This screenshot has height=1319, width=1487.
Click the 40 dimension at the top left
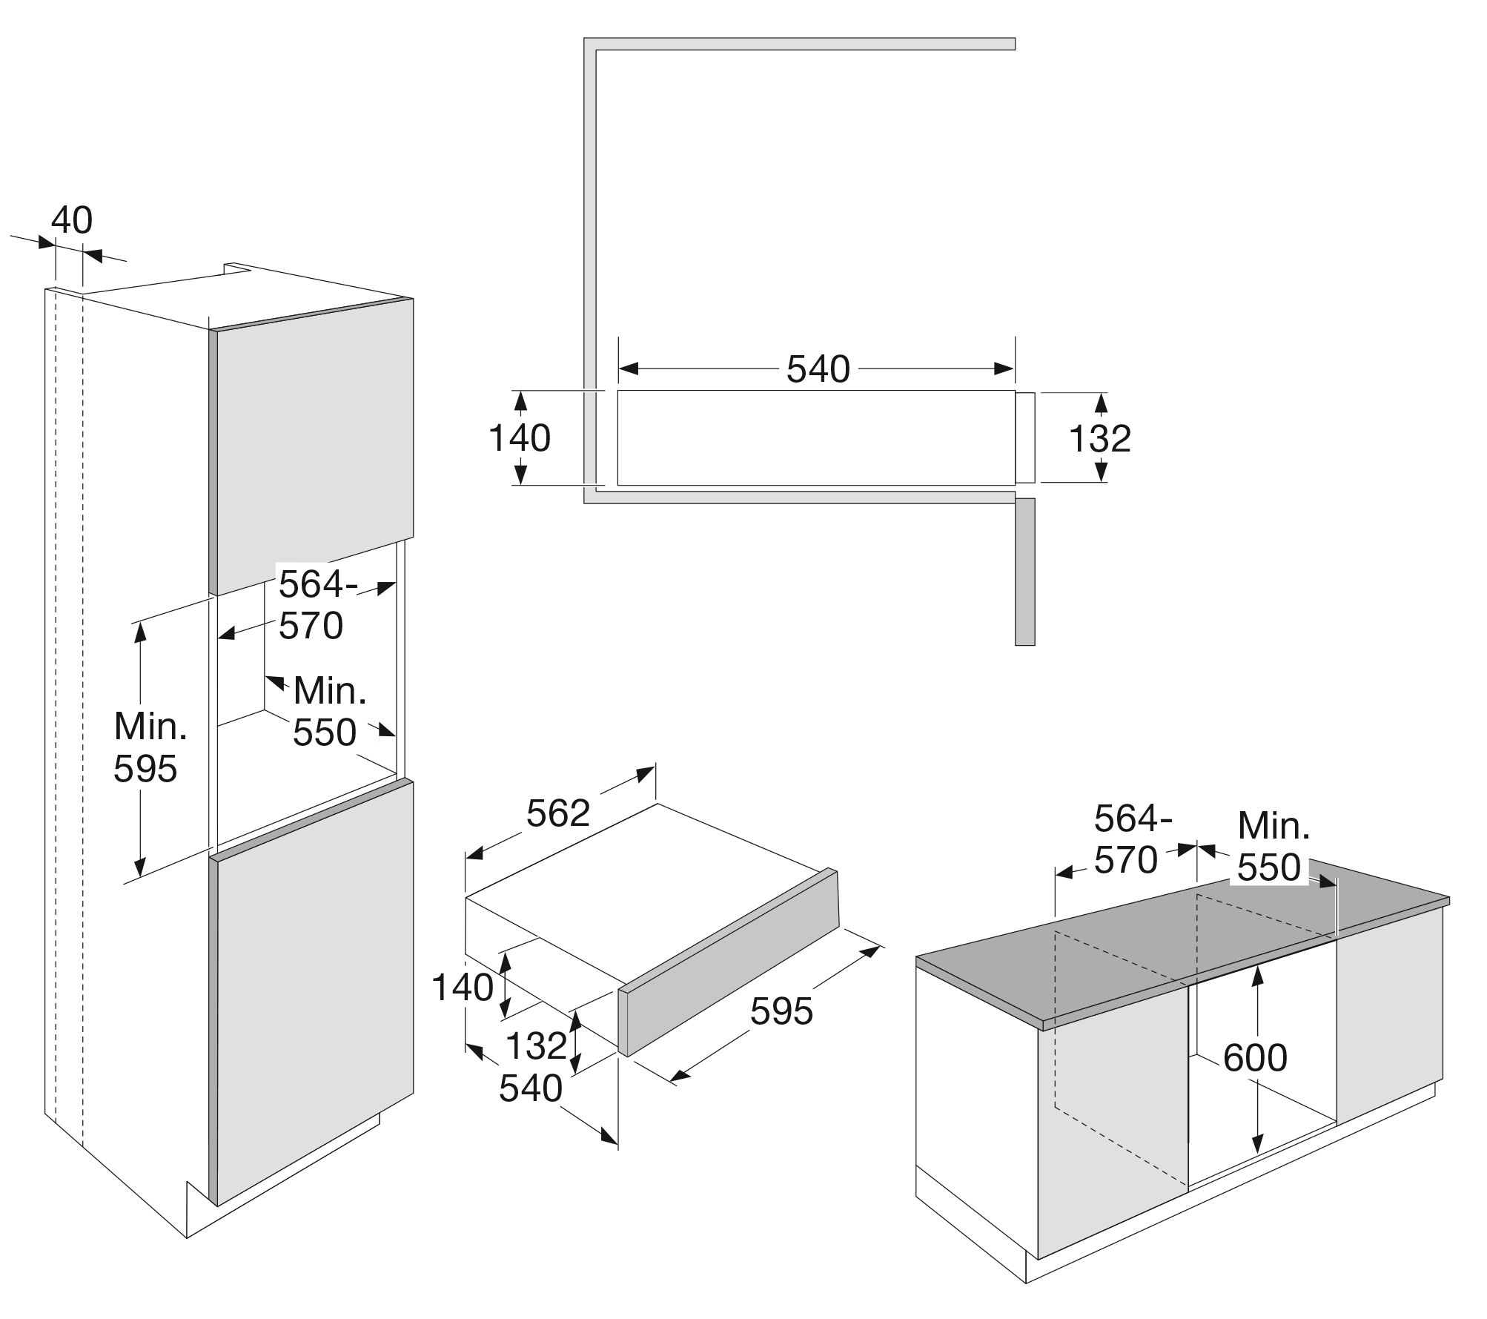pyautogui.click(x=72, y=220)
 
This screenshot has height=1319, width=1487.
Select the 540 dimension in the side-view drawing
pyautogui.click(x=818, y=368)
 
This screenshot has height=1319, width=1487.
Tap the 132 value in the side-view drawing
pyautogui.click(x=1099, y=438)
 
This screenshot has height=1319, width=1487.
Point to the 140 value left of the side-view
pyautogui.click(x=520, y=438)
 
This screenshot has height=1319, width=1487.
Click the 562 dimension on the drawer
pyautogui.click(x=557, y=813)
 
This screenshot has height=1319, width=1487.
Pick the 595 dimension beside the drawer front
pyautogui.click(x=781, y=1011)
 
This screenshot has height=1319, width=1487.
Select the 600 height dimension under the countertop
pyautogui.click(x=1255, y=1058)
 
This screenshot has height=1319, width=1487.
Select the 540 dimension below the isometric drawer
pyautogui.click(x=531, y=1088)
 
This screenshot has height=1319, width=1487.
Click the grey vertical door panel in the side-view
pyautogui.click(x=1024, y=571)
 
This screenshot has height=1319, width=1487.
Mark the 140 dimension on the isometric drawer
pyautogui.click(x=462, y=988)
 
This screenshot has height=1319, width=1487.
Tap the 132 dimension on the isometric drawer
pyautogui.click(x=536, y=1046)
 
